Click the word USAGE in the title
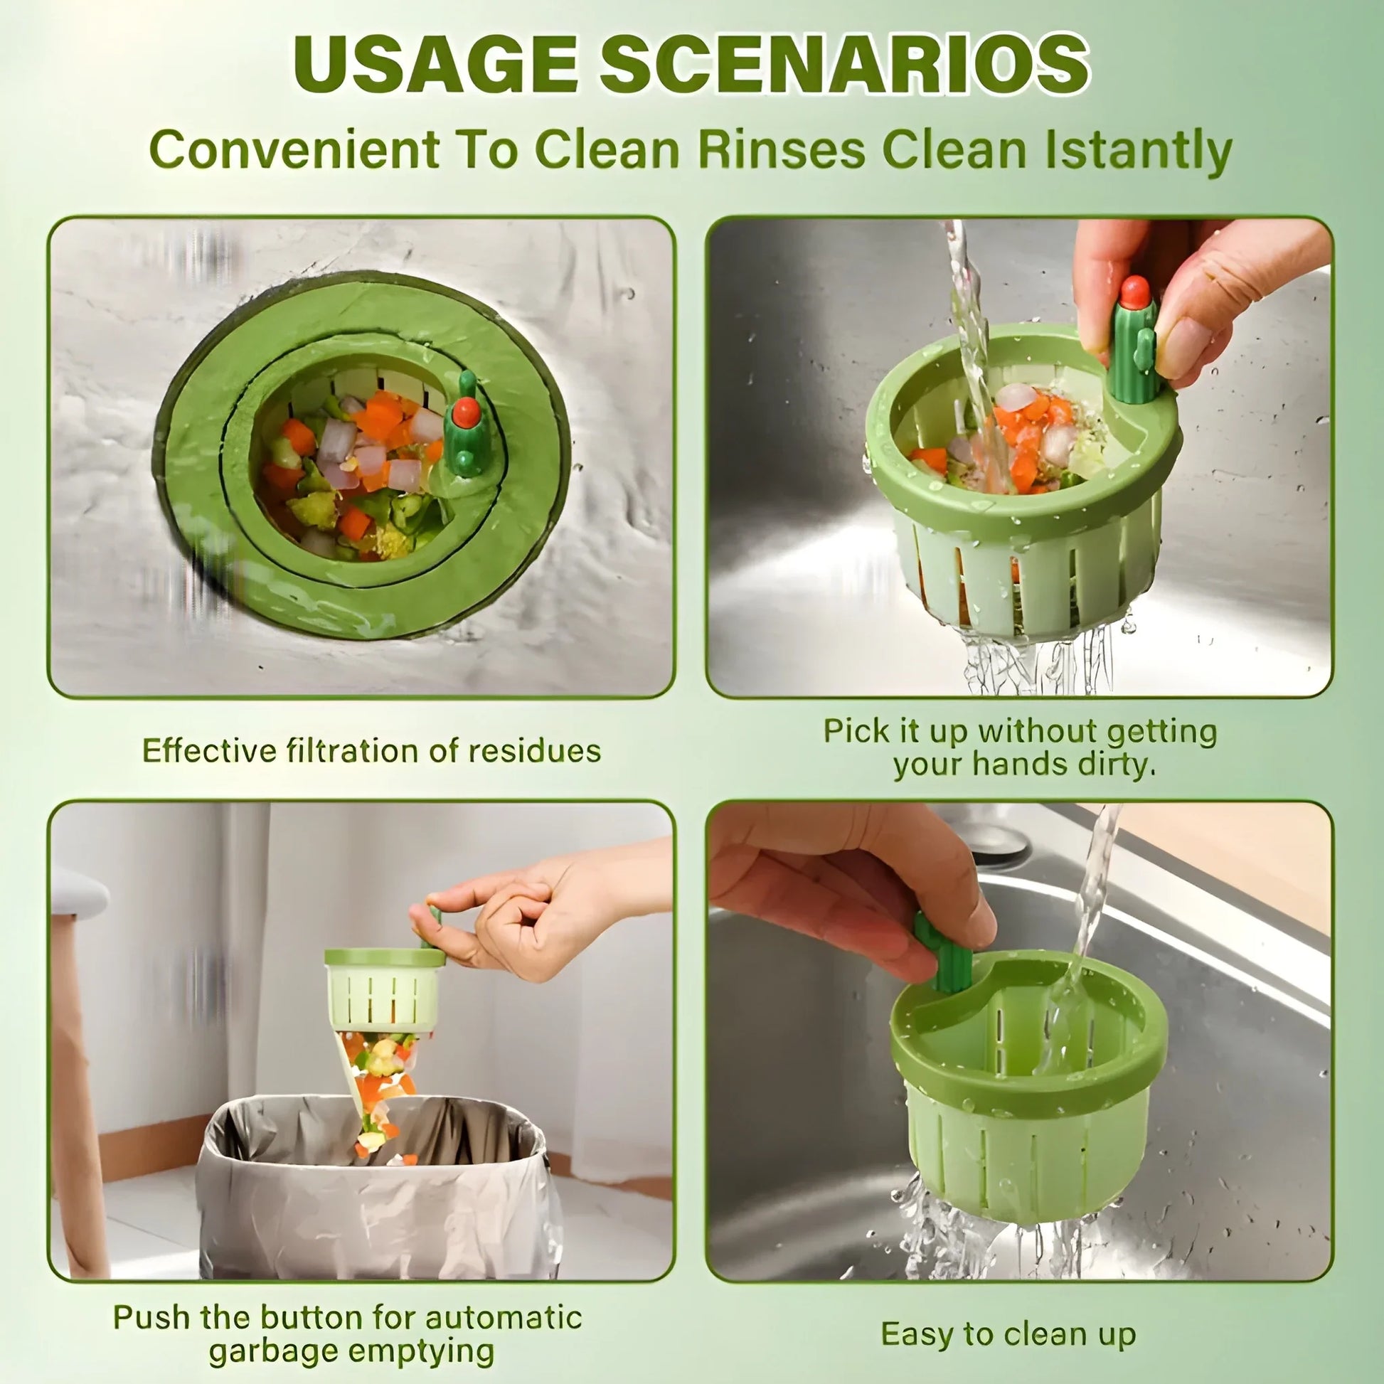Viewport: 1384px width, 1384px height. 435,65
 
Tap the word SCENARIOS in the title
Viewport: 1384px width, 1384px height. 844,65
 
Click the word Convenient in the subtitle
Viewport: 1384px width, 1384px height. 294,151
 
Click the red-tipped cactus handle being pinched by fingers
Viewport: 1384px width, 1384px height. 1134,336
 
